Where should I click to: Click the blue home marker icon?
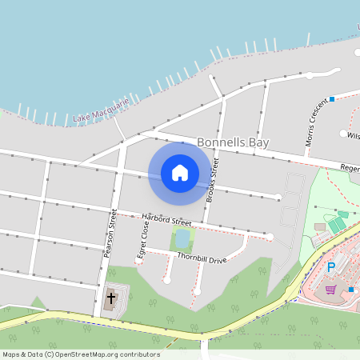180,172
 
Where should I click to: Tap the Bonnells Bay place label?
233,142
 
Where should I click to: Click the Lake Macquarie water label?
100,112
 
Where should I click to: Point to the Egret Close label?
145,237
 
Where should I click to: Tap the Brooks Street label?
213,179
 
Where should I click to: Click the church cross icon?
110,301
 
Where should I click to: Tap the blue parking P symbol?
331,266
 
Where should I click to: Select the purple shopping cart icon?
331,289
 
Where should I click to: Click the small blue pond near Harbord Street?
182,238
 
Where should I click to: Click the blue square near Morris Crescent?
331,100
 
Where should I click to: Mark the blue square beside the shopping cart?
350,289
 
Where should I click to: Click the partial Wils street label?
353,136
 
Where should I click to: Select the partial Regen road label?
350,168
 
